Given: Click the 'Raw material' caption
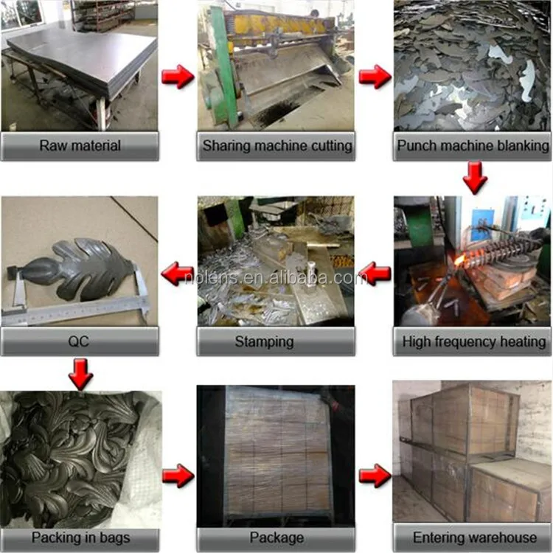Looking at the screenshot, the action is (x=80, y=146).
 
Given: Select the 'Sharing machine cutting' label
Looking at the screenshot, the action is (x=277, y=146).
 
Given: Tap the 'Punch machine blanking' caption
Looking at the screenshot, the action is (x=473, y=146).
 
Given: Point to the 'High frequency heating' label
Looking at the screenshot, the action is (x=474, y=341).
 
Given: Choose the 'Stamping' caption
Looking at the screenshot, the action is (x=264, y=342).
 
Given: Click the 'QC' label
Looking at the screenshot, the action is (x=78, y=341).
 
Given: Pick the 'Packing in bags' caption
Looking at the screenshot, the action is (x=81, y=538).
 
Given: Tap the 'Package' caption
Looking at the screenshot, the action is (x=276, y=538).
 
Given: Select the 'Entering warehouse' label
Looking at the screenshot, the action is (x=475, y=538).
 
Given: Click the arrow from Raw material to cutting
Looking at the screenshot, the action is (x=178, y=76).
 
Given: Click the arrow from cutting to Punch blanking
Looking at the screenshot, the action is (x=375, y=76).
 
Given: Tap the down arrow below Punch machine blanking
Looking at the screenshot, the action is (x=475, y=177).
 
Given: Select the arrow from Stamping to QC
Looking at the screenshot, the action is (x=177, y=274).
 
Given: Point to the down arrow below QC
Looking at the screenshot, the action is (x=81, y=374).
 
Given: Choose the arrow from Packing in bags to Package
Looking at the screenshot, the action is (x=178, y=476).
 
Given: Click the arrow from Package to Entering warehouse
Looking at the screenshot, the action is (x=375, y=476).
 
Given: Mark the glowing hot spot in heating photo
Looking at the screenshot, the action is (x=459, y=262).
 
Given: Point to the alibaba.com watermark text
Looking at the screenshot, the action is (x=276, y=278).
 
